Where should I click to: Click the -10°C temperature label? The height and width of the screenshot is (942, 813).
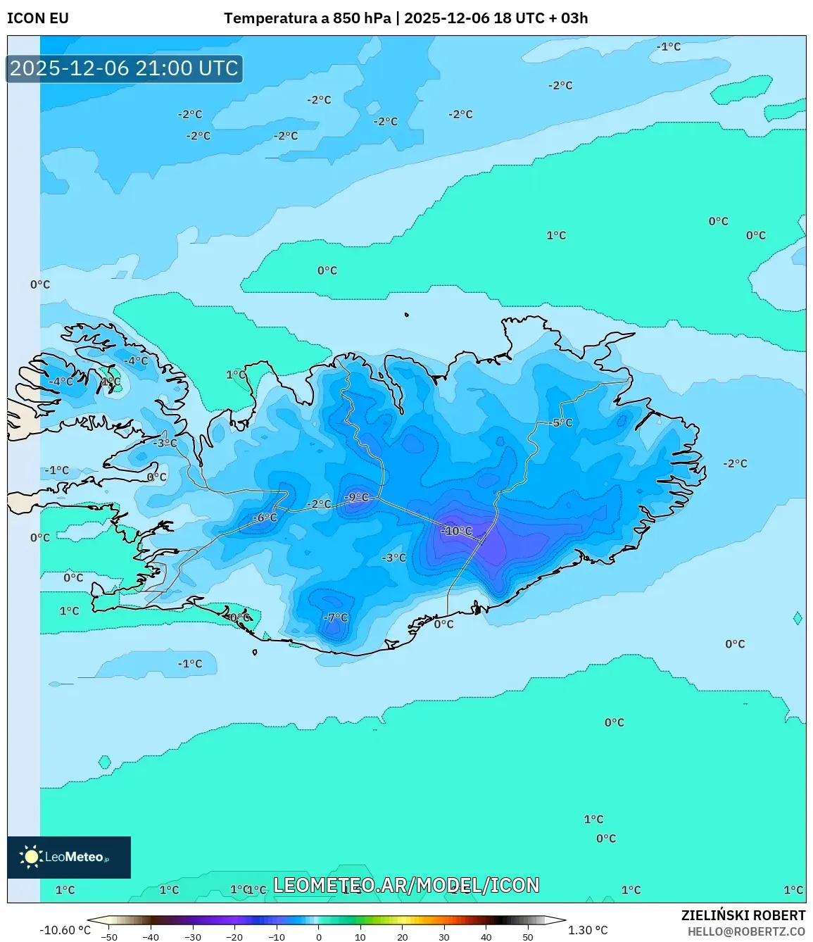click(x=457, y=531)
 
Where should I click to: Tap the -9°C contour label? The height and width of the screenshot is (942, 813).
click(x=357, y=497)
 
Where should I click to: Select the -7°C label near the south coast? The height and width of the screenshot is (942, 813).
click(x=335, y=617)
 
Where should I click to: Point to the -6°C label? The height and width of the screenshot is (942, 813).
click(x=265, y=517)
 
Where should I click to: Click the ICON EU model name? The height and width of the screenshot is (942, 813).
click(x=38, y=18)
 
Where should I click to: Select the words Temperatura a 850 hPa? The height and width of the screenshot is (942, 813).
click(x=307, y=18)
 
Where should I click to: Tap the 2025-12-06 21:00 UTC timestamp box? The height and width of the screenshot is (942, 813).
click(x=125, y=68)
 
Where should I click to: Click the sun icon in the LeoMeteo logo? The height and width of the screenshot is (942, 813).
click(x=31, y=856)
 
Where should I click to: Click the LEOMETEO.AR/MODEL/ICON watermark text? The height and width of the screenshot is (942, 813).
click(x=406, y=885)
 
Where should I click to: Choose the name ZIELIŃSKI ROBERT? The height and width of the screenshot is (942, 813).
click(x=743, y=915)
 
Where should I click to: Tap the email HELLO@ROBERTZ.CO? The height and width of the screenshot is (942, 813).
click(x=746, y=931)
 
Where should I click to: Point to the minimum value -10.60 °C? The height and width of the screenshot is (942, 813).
click(x=65, y=930)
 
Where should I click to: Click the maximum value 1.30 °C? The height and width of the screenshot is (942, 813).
click(x=588, y=930)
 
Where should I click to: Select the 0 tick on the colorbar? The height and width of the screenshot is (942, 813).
click(x=319, y=937)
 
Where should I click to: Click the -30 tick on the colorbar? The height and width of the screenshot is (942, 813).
click(x=192, y=937)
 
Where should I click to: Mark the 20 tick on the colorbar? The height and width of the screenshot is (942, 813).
click(x=403, y=937)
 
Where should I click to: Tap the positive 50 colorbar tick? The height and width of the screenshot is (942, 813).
click(x=528, y=937)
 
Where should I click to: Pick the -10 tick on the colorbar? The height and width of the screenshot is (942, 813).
click(x=277, y=937)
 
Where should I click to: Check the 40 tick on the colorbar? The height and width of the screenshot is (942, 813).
click(x=486, y=937)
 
